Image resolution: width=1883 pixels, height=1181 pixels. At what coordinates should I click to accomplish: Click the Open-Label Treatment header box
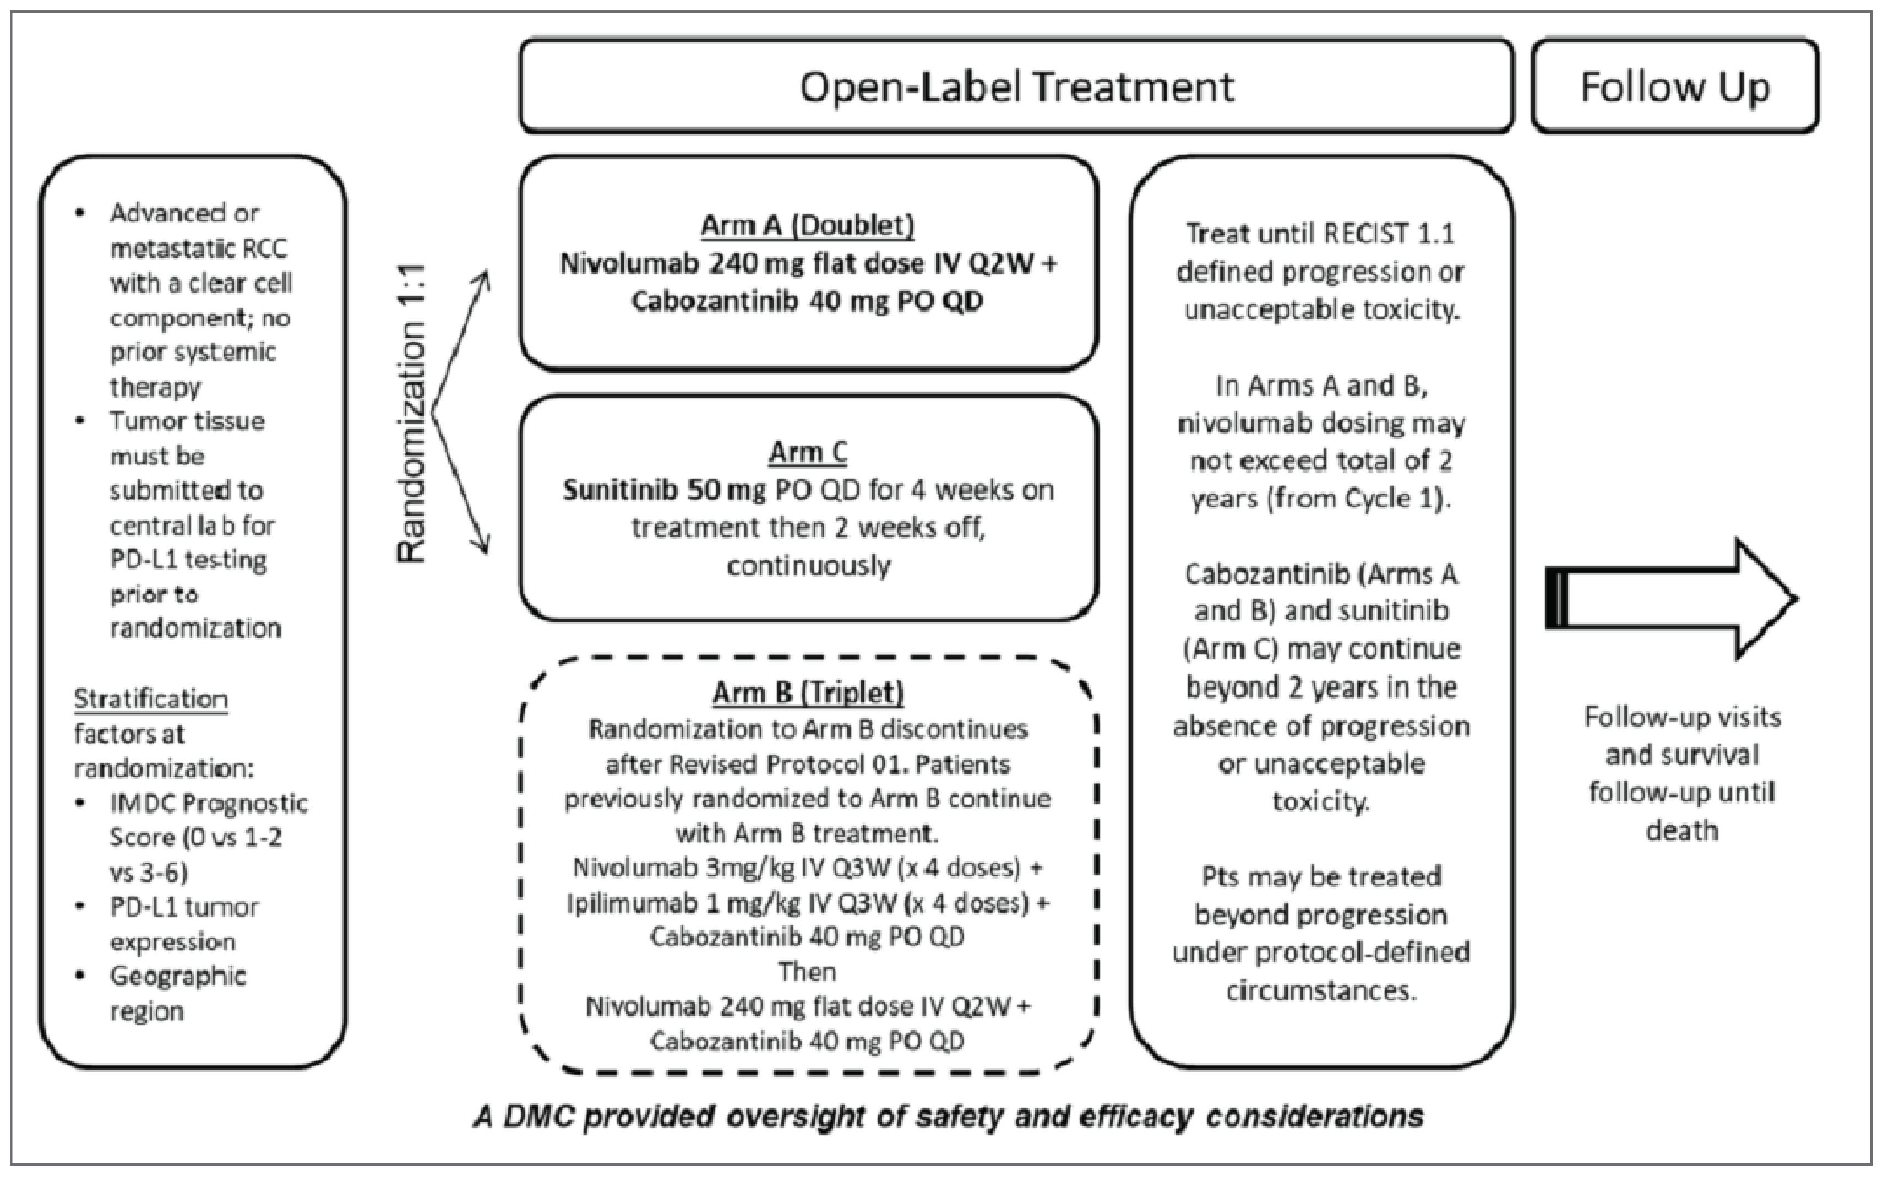1016,86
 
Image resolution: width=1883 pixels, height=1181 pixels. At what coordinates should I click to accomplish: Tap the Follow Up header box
1674,86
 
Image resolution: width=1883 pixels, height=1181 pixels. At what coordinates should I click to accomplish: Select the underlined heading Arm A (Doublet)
807,226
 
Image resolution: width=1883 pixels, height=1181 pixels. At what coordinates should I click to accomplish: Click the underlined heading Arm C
807,452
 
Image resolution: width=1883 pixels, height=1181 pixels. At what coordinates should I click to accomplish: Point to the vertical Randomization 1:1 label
411,414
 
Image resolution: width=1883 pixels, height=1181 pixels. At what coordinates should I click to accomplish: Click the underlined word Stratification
151,699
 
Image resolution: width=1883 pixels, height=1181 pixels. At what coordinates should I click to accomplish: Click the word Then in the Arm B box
807,972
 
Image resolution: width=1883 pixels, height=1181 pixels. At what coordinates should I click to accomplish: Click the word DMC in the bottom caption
537,1116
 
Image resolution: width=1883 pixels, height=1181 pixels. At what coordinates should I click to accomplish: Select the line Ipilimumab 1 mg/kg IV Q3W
807,903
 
